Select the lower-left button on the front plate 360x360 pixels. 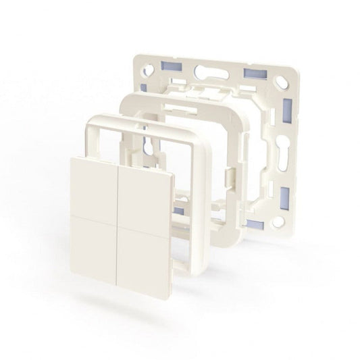click(94, 251)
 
